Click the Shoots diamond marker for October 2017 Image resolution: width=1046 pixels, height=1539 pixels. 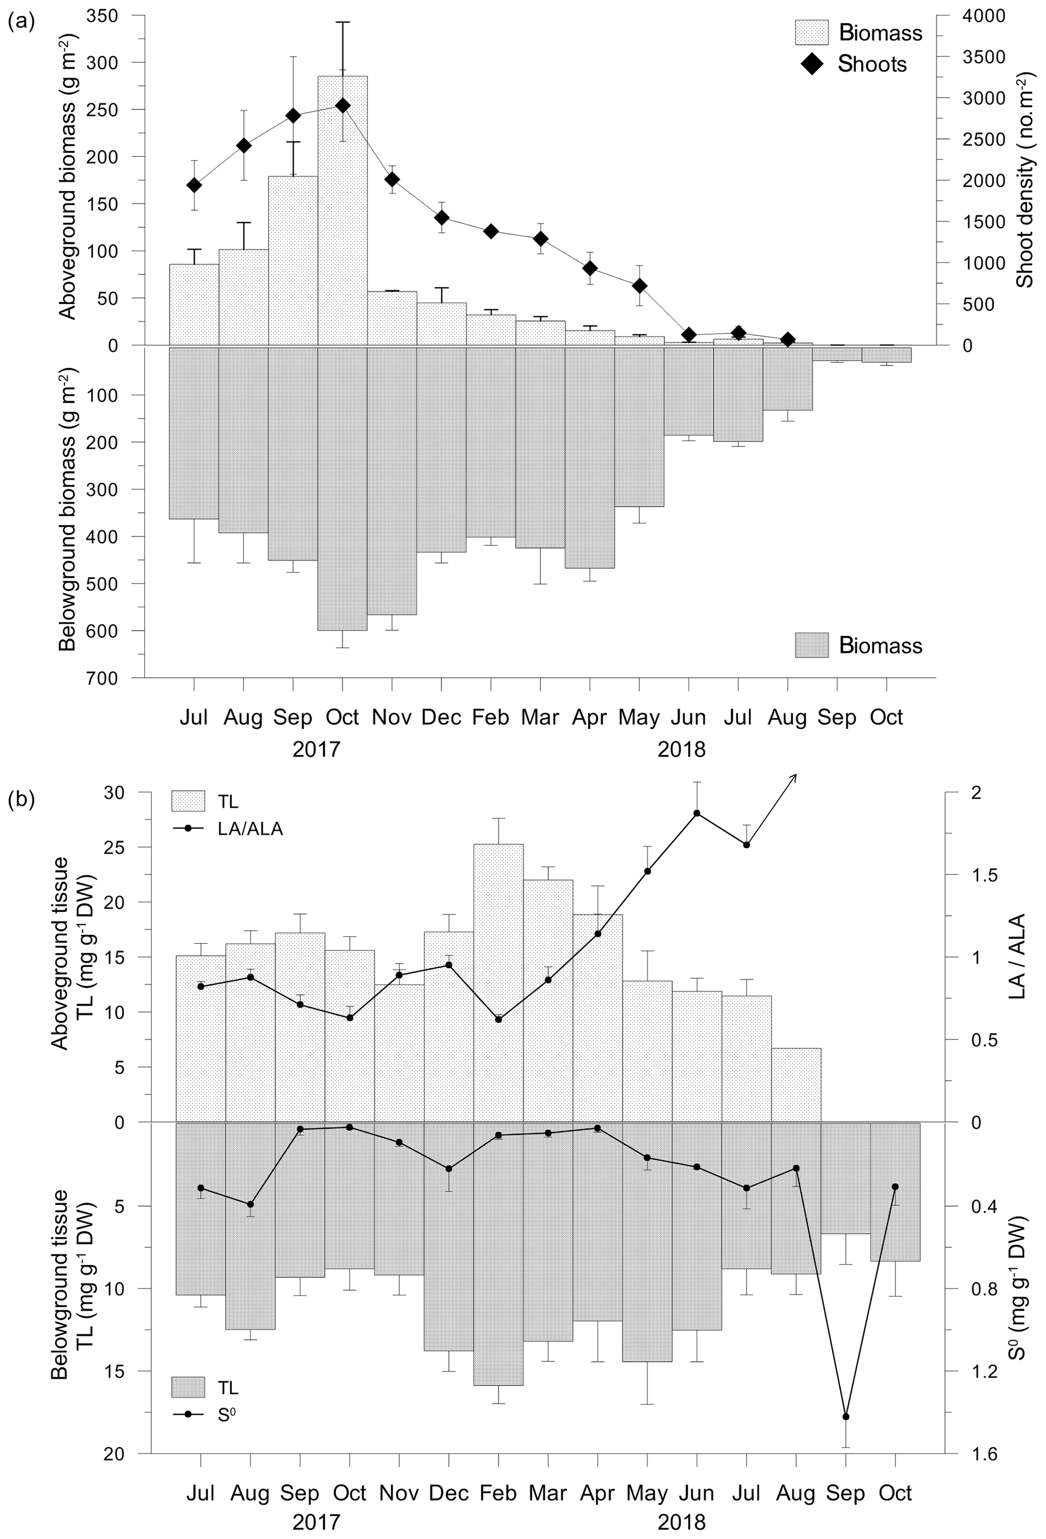coord(342,105)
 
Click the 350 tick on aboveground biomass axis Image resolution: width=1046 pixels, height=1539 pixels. coord(119,16)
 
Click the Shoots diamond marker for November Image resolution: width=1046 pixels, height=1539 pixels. coord(392,180)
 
